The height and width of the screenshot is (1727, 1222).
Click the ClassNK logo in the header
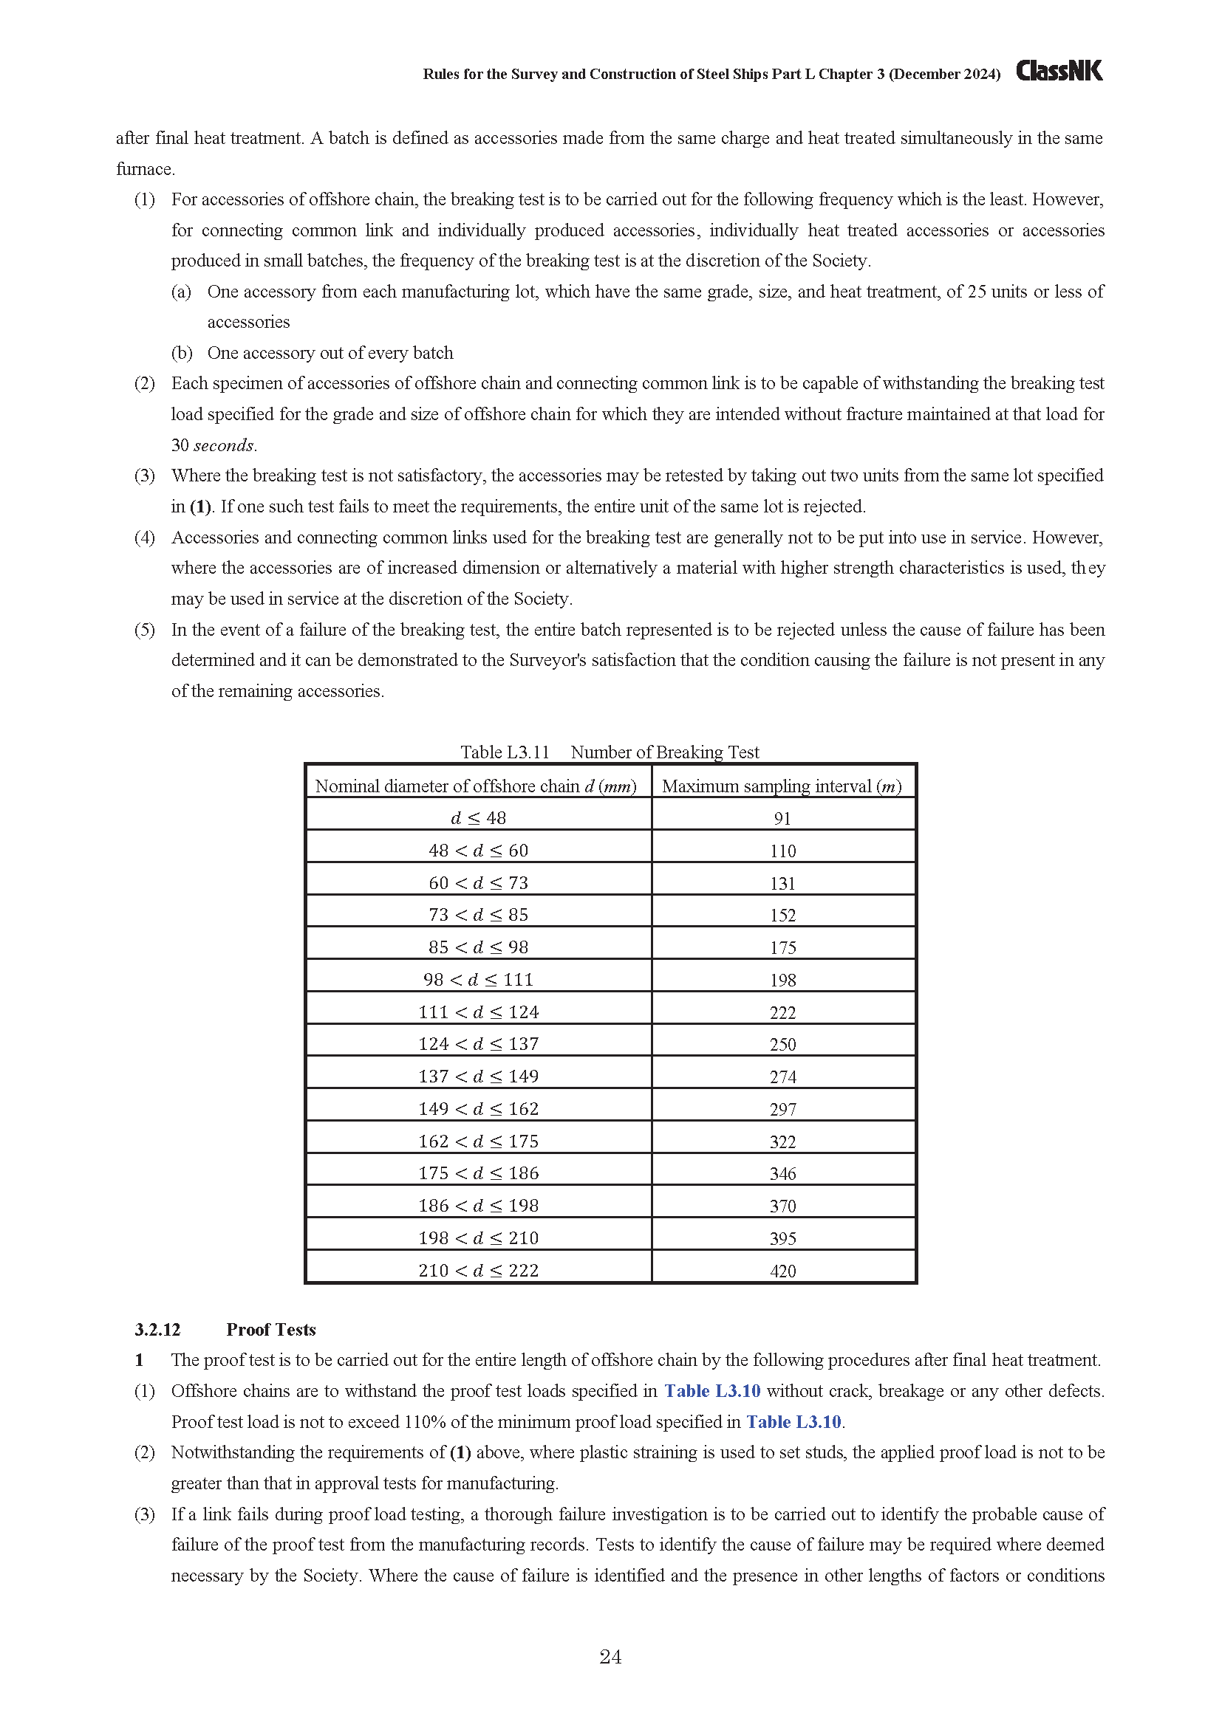[x=1059, y=71]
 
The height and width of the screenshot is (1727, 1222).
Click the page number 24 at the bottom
[x=610, y=1656]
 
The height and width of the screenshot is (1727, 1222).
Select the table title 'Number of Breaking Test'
[x=664, y=752]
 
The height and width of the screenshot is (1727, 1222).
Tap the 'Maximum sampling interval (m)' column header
[x=782, y=786]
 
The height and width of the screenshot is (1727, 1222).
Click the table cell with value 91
[x=782, y=818]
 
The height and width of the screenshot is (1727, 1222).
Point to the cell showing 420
[x=782, y=1271]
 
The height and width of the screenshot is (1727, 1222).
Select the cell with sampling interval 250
[x=782, y=1045]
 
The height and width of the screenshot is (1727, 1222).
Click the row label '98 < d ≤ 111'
[x=479, y=979]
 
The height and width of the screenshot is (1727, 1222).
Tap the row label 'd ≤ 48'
[x=479, y=818]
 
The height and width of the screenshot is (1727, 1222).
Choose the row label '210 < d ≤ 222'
[x=479, y=1271]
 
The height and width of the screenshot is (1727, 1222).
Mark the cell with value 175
[x=782, y=948]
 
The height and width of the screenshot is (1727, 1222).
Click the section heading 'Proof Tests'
[x=271, y=1330]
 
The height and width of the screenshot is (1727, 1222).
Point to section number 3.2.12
[x=158, y=1330]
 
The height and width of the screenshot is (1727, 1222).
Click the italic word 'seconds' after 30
[x=225, y=445]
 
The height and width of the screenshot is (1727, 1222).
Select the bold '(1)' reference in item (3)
[x=200, y=507]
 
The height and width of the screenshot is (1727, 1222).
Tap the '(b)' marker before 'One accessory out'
[x=181, y=353]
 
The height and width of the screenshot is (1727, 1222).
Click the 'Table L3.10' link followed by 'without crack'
[x=711, y=1392]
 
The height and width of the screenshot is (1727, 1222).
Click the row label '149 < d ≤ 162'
[x=479, y=1109]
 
